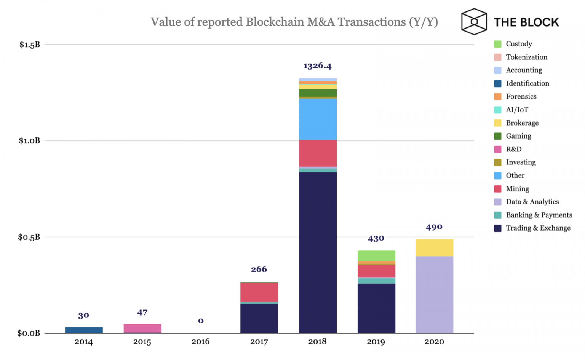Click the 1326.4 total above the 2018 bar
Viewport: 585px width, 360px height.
point(317,66)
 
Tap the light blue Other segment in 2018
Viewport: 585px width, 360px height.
point(318,119)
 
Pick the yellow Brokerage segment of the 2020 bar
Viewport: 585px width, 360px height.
point(434,248)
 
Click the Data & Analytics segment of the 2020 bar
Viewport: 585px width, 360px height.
point(434,295)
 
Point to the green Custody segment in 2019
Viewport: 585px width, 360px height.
point(376,256)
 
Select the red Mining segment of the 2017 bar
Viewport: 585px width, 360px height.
point(259,292)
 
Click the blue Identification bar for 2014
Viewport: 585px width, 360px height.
point(84,330)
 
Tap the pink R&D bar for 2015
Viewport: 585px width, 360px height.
point(142,328)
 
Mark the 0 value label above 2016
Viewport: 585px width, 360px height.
point(201,321)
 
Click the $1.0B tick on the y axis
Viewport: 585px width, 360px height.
point(29,141)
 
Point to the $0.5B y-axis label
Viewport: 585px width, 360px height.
point(29,237)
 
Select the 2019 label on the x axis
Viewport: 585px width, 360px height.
point(376,342)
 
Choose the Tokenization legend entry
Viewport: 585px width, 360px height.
point(526,57)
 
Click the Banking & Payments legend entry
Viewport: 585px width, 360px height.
point(539,215)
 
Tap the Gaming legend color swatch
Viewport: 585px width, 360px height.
point(498,136)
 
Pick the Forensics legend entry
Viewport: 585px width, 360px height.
point(521,97)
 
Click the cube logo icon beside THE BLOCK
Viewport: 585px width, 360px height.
point(474,22)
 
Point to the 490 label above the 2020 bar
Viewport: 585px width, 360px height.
point(434,227)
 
